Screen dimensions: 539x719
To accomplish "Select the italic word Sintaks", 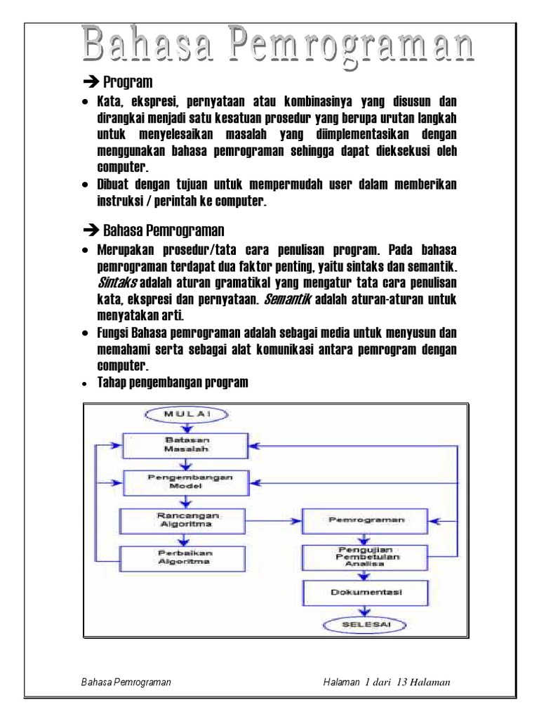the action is [x=116, y=282].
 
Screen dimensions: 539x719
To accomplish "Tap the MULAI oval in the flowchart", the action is [x=185, y=414].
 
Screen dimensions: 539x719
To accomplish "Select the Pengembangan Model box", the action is [x=185, y=482].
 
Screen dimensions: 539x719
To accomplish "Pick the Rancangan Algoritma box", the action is [x=185, y=520].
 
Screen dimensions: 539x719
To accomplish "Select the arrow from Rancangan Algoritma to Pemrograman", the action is [x=276, y=521].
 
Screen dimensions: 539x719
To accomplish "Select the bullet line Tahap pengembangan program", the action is [x=172, y=382].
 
